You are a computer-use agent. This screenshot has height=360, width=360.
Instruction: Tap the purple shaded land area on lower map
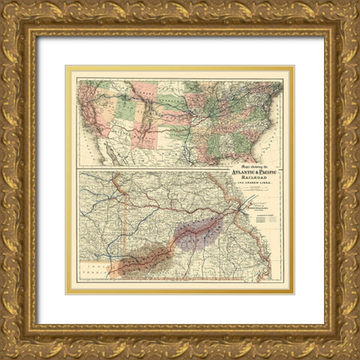click(198, 231)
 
